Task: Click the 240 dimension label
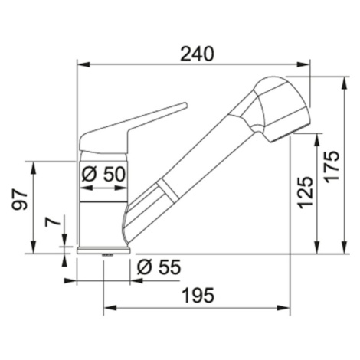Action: pos(196,54)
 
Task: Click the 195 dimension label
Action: pos(198,295)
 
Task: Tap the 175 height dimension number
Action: pos(332,167)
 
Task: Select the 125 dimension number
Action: pos(306,193)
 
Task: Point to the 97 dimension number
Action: pos(20,200)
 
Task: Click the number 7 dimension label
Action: pos(53,221)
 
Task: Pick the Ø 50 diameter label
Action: pos(103,174)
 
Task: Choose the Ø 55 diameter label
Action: pos(159,267)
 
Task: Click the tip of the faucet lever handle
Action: pos(185,105)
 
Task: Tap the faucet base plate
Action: pos(103,250)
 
